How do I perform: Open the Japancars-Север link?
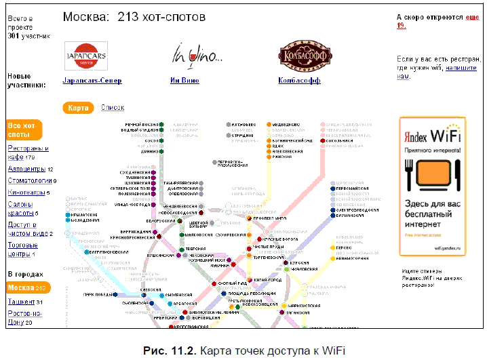tap(92, 81)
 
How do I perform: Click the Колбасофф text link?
tap(299, 81)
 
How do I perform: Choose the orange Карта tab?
tap(78, 108)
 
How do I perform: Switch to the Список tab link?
tap(113, 108)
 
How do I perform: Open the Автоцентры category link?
tap(26, 169)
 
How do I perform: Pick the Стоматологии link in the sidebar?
tap(30, 181)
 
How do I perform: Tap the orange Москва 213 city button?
tap(25, 288)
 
